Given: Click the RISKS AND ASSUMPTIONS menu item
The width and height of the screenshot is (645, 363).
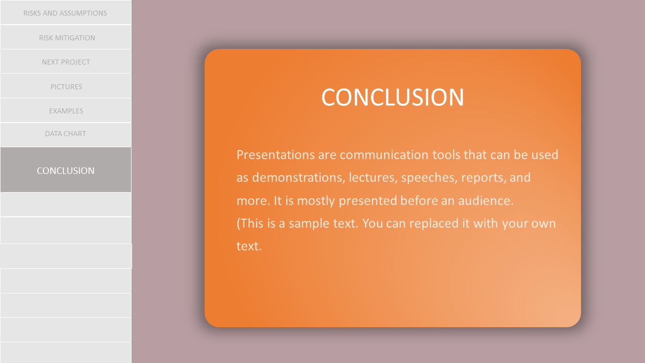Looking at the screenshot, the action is pos(66,13).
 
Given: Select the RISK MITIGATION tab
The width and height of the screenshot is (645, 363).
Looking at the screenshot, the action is pos(66,37).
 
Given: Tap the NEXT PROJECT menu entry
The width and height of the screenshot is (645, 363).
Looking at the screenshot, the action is pos(66,62).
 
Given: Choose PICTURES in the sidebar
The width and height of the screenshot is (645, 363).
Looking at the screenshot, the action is pos(66,86).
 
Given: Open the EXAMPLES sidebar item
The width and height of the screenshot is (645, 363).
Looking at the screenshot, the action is pos(66,110).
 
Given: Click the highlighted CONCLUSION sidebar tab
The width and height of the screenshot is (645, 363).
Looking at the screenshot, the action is pos(66,170).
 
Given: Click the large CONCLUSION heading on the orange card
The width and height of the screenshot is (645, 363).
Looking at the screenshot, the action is pos(393,97).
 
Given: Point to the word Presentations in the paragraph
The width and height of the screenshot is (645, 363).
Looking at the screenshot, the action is pos(276,155).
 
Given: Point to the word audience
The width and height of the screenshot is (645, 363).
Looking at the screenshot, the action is pos(486,201).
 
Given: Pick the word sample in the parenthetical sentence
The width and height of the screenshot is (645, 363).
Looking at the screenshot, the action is pos(309,224).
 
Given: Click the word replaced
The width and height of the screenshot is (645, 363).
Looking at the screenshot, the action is pos(434,224).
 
